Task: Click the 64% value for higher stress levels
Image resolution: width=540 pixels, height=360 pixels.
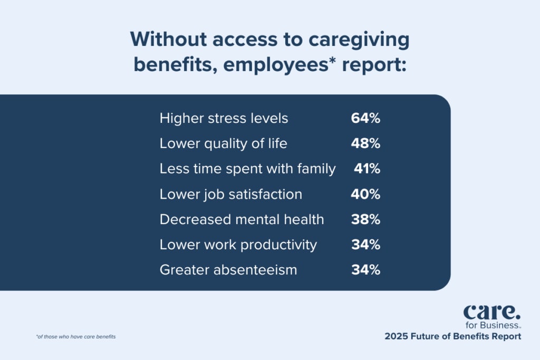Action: click(365, 118)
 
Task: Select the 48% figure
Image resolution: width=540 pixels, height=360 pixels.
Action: click(365, 143)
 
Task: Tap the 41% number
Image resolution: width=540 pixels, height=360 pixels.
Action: click(367, 169)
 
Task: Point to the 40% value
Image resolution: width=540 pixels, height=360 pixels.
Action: click(365, 194)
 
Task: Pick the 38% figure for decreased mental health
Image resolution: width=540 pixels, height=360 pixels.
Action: click(365, 219)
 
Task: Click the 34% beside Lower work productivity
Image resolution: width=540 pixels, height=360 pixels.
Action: click(365, 245)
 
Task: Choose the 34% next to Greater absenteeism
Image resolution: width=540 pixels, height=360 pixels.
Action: click(365, 269)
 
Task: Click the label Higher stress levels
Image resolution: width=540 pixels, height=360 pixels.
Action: click(224, 118)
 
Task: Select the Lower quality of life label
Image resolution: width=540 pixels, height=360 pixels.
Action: click(223, 143)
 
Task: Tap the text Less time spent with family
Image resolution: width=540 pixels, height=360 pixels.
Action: click(248, 169)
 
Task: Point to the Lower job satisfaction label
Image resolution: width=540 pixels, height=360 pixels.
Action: click(231, 194)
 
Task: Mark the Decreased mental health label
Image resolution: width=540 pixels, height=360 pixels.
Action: click(242, 219)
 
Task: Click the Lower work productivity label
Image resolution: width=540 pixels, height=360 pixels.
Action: click(238, 245)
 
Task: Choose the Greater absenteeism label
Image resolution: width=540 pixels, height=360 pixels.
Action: click(228, 270)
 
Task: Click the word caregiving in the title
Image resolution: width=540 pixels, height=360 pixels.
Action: click(359, 40)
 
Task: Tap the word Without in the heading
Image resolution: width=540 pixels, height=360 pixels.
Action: click(168, 39)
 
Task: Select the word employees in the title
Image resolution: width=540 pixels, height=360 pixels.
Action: click(276, 65)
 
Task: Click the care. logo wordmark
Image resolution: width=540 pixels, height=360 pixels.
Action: click(492, 312)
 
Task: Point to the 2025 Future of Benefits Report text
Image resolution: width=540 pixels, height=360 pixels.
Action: click(453, 336)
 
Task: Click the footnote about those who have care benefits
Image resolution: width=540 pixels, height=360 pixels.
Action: click(76, 337)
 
